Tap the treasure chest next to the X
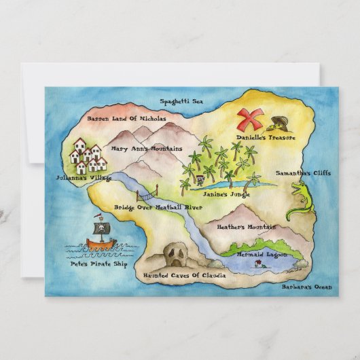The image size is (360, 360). [278, 124]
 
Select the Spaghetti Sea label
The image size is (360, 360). [181, 102]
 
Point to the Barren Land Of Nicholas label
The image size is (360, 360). [126, 118]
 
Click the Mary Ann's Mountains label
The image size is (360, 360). [147, 148]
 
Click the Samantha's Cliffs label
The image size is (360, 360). [303, 173]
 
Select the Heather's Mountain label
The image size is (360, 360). [245, 227]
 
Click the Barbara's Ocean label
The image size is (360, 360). [308, 287]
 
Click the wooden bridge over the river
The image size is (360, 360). [145, 191]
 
